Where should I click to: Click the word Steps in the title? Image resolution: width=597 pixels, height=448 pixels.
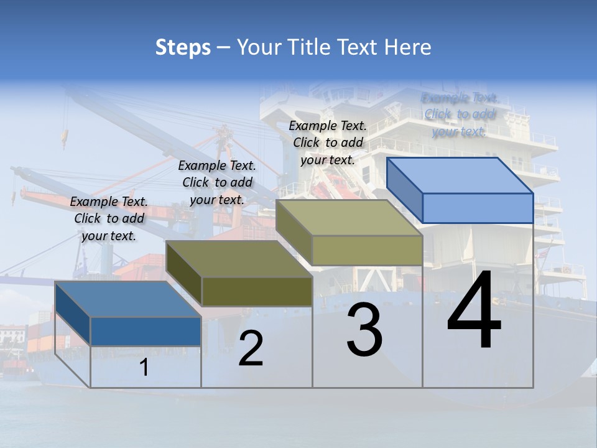[x=182, y=47]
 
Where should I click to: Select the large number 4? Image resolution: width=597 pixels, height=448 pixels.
[x=474, y=311]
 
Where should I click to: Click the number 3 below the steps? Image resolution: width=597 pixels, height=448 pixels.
[x=364, y=330]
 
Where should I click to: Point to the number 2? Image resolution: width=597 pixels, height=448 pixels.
[x=251, y=348]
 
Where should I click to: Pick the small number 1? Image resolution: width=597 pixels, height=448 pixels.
[x=144, y=368]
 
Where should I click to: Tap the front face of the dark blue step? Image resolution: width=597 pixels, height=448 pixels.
[x=146, y=331]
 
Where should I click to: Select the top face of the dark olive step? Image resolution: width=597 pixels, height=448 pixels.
[x=239, y=258]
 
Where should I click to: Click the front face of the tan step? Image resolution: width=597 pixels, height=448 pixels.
[x=367, y=250]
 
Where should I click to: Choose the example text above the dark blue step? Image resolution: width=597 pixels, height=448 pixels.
[x=109, y=218]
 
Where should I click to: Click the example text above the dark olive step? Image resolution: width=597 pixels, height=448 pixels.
[x=217, y=182]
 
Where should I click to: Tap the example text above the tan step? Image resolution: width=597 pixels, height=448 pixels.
[x=328, y=142]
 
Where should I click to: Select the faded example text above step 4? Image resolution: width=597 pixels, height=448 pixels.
[x=460, y=114]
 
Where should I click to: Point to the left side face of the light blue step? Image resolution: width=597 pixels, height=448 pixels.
[x=404, y=190]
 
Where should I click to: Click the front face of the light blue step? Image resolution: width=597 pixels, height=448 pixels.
[x=478, y=208]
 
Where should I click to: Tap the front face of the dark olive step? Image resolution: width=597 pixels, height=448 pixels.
[x=257, y=291]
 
